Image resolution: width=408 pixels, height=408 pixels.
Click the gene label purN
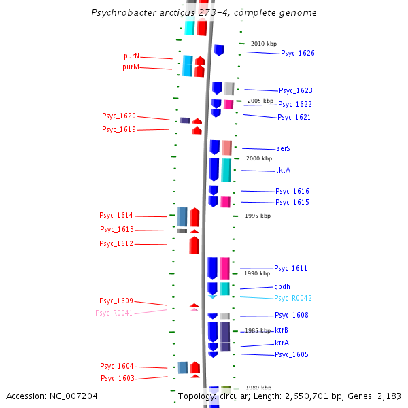point(131,56)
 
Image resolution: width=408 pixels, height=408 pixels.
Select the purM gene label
point(131,67)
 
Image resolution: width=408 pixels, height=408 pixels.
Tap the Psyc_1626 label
point(297,53)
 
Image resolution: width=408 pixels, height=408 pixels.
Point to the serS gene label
point(284,148)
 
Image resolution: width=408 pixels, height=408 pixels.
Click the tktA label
point(283,170)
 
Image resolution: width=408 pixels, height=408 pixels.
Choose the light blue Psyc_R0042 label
point(293,298)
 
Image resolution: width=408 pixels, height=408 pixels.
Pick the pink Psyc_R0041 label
point(114,313)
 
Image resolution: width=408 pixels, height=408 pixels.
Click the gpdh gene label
point(282,286)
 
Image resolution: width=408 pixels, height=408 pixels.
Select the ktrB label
point(282,330)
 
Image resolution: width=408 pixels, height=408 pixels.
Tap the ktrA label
point(282,343)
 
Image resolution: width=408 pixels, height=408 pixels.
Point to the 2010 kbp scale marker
point(264,44)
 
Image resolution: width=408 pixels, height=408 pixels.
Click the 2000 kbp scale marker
point(258,158)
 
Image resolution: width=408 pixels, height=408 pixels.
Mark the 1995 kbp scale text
point(258,216)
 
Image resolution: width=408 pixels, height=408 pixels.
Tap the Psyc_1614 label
point(116,215)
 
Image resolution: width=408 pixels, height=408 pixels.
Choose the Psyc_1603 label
point(118,378)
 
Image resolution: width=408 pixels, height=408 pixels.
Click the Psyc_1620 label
point(119,116)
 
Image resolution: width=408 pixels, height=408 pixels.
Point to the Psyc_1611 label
point(290,268)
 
